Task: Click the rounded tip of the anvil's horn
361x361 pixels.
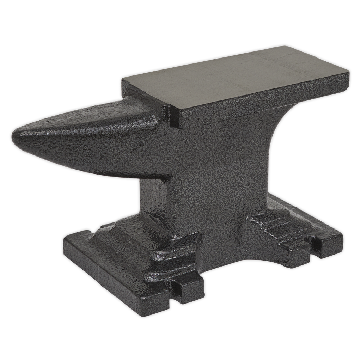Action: pos(15,135)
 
